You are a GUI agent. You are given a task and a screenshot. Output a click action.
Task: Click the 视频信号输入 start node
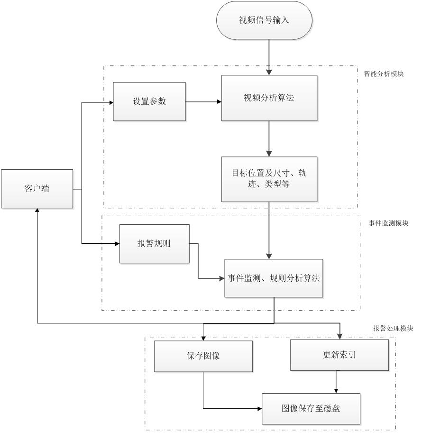coord(264,20)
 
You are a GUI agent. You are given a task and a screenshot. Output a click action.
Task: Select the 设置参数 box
coord(149,101)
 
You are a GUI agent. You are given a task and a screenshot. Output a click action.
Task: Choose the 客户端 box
coord(37,189)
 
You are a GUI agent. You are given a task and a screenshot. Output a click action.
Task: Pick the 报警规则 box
coord(154,244)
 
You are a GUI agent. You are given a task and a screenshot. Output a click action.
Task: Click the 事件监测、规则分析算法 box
coord(274,278)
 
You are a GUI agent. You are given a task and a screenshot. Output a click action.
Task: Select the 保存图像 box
coord(202,356)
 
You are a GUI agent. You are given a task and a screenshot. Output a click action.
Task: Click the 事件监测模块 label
coord(388,223)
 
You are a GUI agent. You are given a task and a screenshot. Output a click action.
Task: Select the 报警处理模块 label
coord(393,328)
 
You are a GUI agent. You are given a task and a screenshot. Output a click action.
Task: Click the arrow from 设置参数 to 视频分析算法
coord(203,101)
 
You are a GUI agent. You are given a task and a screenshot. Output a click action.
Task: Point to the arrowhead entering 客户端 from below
coord(37,212)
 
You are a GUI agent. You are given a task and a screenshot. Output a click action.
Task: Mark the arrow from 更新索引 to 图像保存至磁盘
coord(336,382)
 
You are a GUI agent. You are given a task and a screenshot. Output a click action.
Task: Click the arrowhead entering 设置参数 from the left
coord(110,101)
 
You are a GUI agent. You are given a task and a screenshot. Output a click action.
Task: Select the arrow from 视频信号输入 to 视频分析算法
coord(269,57)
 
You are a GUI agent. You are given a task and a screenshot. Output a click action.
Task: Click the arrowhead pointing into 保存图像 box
coord(203,338)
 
